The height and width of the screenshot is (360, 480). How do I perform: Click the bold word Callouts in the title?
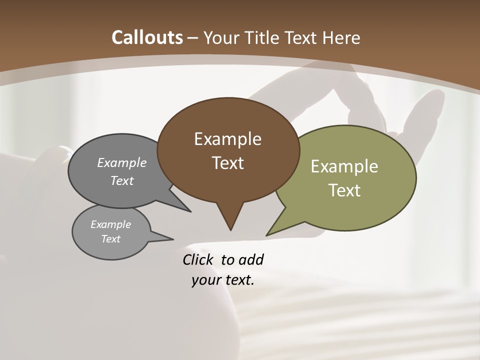click(x=147, y=37)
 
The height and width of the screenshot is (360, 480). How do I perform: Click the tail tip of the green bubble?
click(x=266, y=235)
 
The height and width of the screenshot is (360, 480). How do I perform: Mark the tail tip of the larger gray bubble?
click(x=190, y=212)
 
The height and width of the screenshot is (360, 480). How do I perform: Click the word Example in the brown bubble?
click(x=227, y=139)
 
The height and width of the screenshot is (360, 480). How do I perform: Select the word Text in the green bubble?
click(x=345, y=190)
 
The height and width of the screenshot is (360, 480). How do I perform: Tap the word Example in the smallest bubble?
click(x=110, y=224)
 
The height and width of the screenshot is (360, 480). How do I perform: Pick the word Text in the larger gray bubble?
click(x=122, y=181)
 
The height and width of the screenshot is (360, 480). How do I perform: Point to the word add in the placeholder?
click(x=251, y=260)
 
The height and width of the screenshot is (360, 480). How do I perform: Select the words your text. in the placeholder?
click(x=223, y=280)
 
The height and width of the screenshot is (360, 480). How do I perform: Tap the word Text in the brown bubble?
click(x=228, y=163)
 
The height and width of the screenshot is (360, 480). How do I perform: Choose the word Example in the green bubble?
click(x=344, y=166)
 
